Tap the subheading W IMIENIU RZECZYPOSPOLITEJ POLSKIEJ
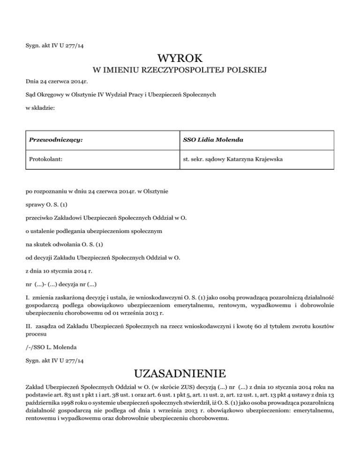(x=180, y=71)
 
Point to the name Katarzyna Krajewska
(x=251, y=159)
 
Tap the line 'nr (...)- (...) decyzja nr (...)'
(x=61, y=284)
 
